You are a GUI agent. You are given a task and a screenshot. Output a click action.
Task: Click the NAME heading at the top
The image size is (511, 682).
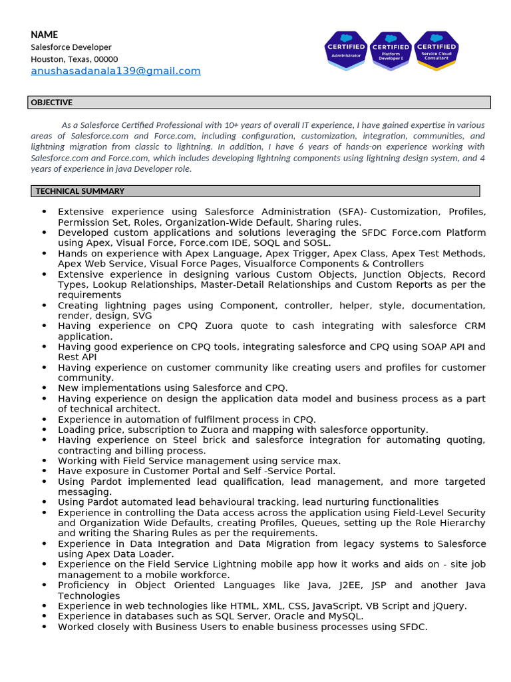45,35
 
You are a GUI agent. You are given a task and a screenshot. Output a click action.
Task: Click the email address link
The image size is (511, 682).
115,71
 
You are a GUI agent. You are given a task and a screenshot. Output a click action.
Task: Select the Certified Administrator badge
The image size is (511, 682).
345,51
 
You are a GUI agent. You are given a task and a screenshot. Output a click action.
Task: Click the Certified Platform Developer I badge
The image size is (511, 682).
391,51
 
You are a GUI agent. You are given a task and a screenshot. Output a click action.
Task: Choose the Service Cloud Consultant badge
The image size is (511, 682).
436,51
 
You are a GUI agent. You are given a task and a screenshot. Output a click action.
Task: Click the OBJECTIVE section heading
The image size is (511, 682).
52,103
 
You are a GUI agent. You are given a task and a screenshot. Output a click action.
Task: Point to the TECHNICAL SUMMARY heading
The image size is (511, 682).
80,191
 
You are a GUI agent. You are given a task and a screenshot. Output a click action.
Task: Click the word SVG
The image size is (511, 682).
141,316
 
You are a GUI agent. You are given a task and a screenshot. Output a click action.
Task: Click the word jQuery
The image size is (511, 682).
448,606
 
